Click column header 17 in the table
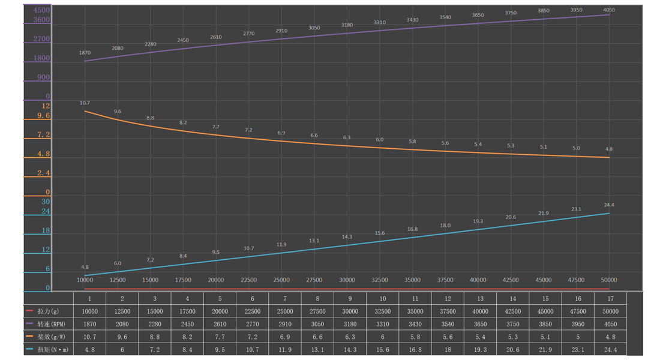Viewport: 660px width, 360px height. (x=610, y=298)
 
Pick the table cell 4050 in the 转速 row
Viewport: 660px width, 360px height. (x=610, y=324)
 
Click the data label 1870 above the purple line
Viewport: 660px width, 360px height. (x=85, y=53)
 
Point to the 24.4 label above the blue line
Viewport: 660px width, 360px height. (x=609, y=205)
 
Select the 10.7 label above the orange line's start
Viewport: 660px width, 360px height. (x=85, y=103)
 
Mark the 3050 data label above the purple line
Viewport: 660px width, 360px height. (x=314, y=28)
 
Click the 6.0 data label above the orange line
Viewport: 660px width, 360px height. (x=379, y=140)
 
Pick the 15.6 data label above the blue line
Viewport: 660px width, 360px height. (x=379, y=233)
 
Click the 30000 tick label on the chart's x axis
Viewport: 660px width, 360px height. (x=347, y=280)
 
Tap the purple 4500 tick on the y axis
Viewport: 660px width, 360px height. (x=42, y=10)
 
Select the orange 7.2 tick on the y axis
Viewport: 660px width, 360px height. (x=43, y=135)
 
